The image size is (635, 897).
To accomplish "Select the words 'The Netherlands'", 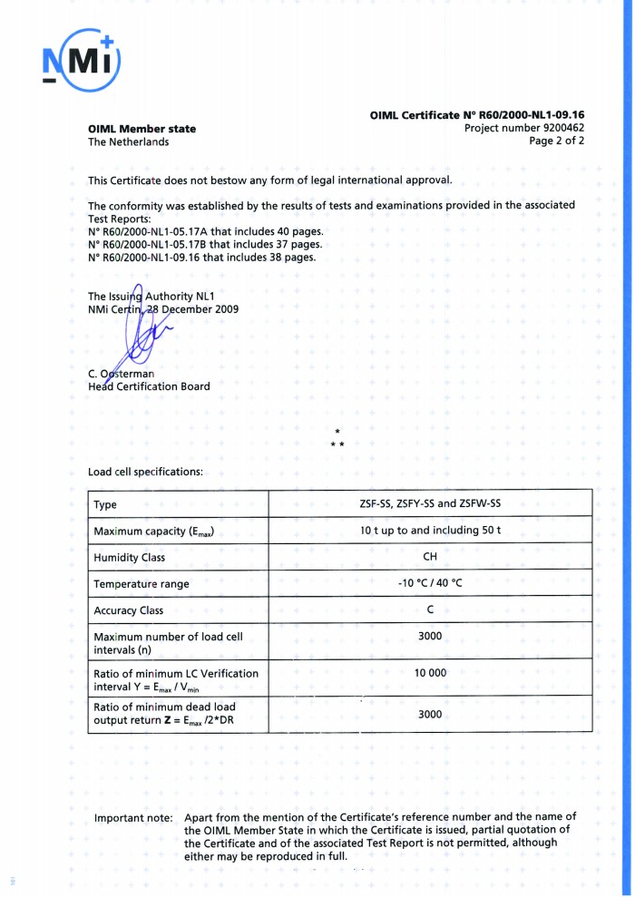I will pos(128,141).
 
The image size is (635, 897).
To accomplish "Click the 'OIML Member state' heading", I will pos(142,129).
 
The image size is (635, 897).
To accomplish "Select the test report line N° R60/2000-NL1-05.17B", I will pos(205,244).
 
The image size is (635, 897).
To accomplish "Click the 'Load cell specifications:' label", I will pos(145,472).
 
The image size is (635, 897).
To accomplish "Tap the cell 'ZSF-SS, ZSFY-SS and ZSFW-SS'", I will pos(430,503).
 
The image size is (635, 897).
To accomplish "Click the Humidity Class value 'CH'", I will pos(430,557).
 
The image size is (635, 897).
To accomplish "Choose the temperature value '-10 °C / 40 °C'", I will pos(430,583).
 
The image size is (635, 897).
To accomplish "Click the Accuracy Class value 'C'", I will pos(430,609).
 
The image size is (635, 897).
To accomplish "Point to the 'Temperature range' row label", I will pos(142,584).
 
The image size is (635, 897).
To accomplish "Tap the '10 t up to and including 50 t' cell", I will pos(430,530).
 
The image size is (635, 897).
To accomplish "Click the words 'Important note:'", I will pos(133,817).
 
